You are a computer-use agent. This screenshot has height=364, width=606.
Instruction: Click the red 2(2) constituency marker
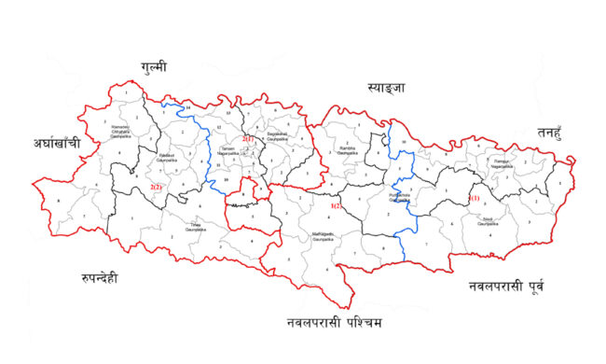click(x=156, y=187)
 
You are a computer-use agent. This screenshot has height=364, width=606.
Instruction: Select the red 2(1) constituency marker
click(x=248, y=139)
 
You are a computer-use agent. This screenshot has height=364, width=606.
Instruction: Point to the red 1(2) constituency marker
click(x=336, y=204)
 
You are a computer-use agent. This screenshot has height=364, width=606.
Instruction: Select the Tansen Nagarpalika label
click(x=229, y=152)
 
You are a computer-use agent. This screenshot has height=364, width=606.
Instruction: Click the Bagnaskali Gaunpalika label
click(x=277, y=136)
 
